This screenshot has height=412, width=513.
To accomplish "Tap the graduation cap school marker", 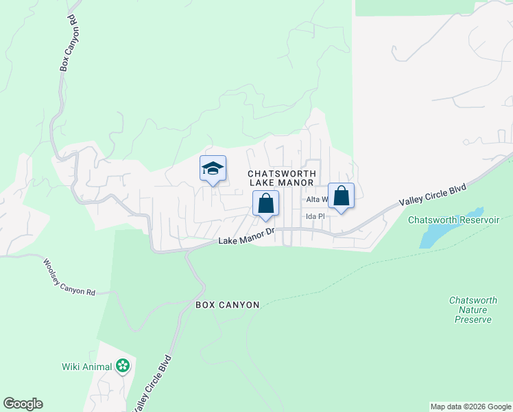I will click(x=213, y=168).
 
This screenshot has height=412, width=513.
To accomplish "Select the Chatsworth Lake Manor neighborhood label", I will click(x=281, y=179).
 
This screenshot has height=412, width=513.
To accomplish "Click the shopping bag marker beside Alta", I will click(x=341, y=195).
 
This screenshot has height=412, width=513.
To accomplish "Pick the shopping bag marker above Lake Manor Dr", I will click(x=265, y=204).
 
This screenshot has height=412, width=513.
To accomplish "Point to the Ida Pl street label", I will click(x=315, y=216).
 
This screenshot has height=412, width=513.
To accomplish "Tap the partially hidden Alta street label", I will click(x=316, y=200).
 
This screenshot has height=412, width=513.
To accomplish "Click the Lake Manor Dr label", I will click(x=246, y=236).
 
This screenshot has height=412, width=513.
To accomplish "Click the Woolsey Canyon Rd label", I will click(x=69, y=277).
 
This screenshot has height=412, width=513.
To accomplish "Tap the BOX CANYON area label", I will click(x=228, y=305).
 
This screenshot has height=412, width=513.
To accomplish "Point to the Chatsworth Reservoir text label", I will click(x=453, y=220).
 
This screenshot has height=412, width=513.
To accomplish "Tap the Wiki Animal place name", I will click(x=86, y=367).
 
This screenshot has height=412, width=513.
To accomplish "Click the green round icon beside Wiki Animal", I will click(x=123, y=366).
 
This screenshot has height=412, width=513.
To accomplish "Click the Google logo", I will click(x=23, y=404).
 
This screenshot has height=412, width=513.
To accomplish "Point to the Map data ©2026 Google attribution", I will click(x=470, y=407).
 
